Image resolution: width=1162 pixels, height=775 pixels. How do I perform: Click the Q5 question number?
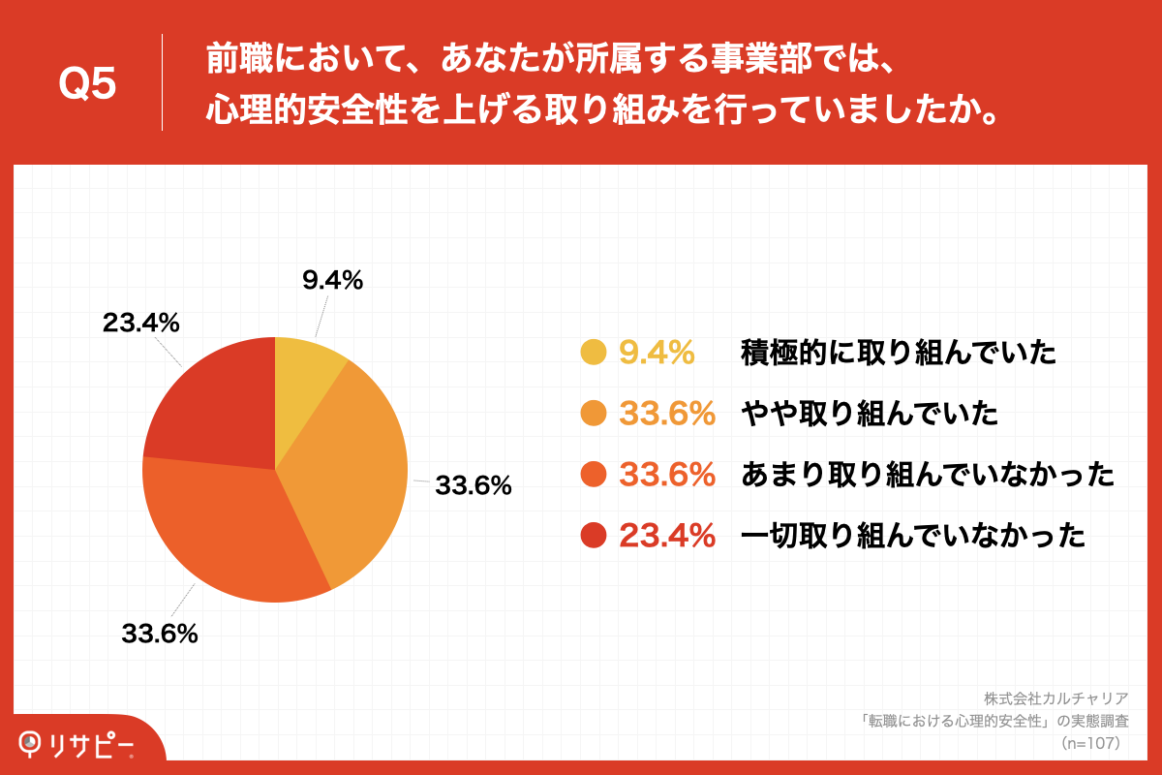(87, 84)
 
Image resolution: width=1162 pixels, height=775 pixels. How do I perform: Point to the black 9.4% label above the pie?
(332, 281)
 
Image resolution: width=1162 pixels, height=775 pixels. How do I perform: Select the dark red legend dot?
(593, 536)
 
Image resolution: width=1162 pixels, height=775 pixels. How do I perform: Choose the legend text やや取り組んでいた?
(869, 415)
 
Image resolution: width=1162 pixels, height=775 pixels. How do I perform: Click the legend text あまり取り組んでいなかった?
(927, 475)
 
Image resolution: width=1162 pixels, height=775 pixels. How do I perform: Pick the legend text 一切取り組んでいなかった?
(912, 536)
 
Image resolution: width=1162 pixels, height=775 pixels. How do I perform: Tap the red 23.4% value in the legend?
(666, 536)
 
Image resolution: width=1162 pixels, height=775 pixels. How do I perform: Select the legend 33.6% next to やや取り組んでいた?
(666, 415)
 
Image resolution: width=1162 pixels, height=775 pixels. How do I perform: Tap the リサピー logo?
(77, 744)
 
